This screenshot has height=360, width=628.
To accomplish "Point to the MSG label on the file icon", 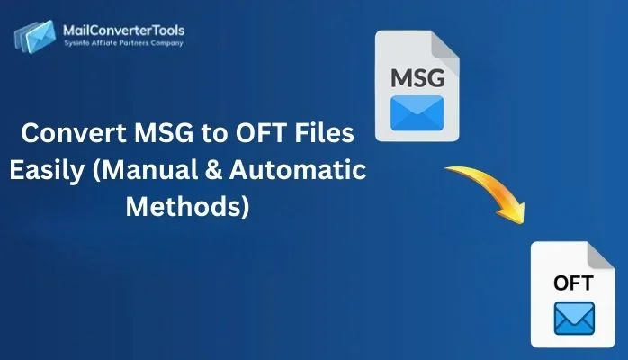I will coord(417,80).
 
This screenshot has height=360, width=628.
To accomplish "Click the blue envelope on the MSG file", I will coord(417,113).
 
